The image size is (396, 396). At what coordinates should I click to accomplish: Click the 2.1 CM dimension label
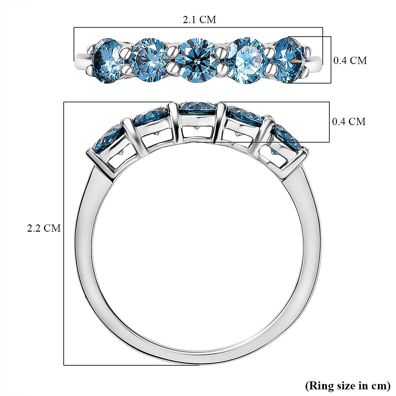point(199,20)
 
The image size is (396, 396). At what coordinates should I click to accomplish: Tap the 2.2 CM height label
point(44,228)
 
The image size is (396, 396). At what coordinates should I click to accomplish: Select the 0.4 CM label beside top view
point(350,60)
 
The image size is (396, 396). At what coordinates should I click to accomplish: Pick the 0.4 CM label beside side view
point(349,121)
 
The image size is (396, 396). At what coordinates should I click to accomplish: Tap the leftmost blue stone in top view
point(107,61)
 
